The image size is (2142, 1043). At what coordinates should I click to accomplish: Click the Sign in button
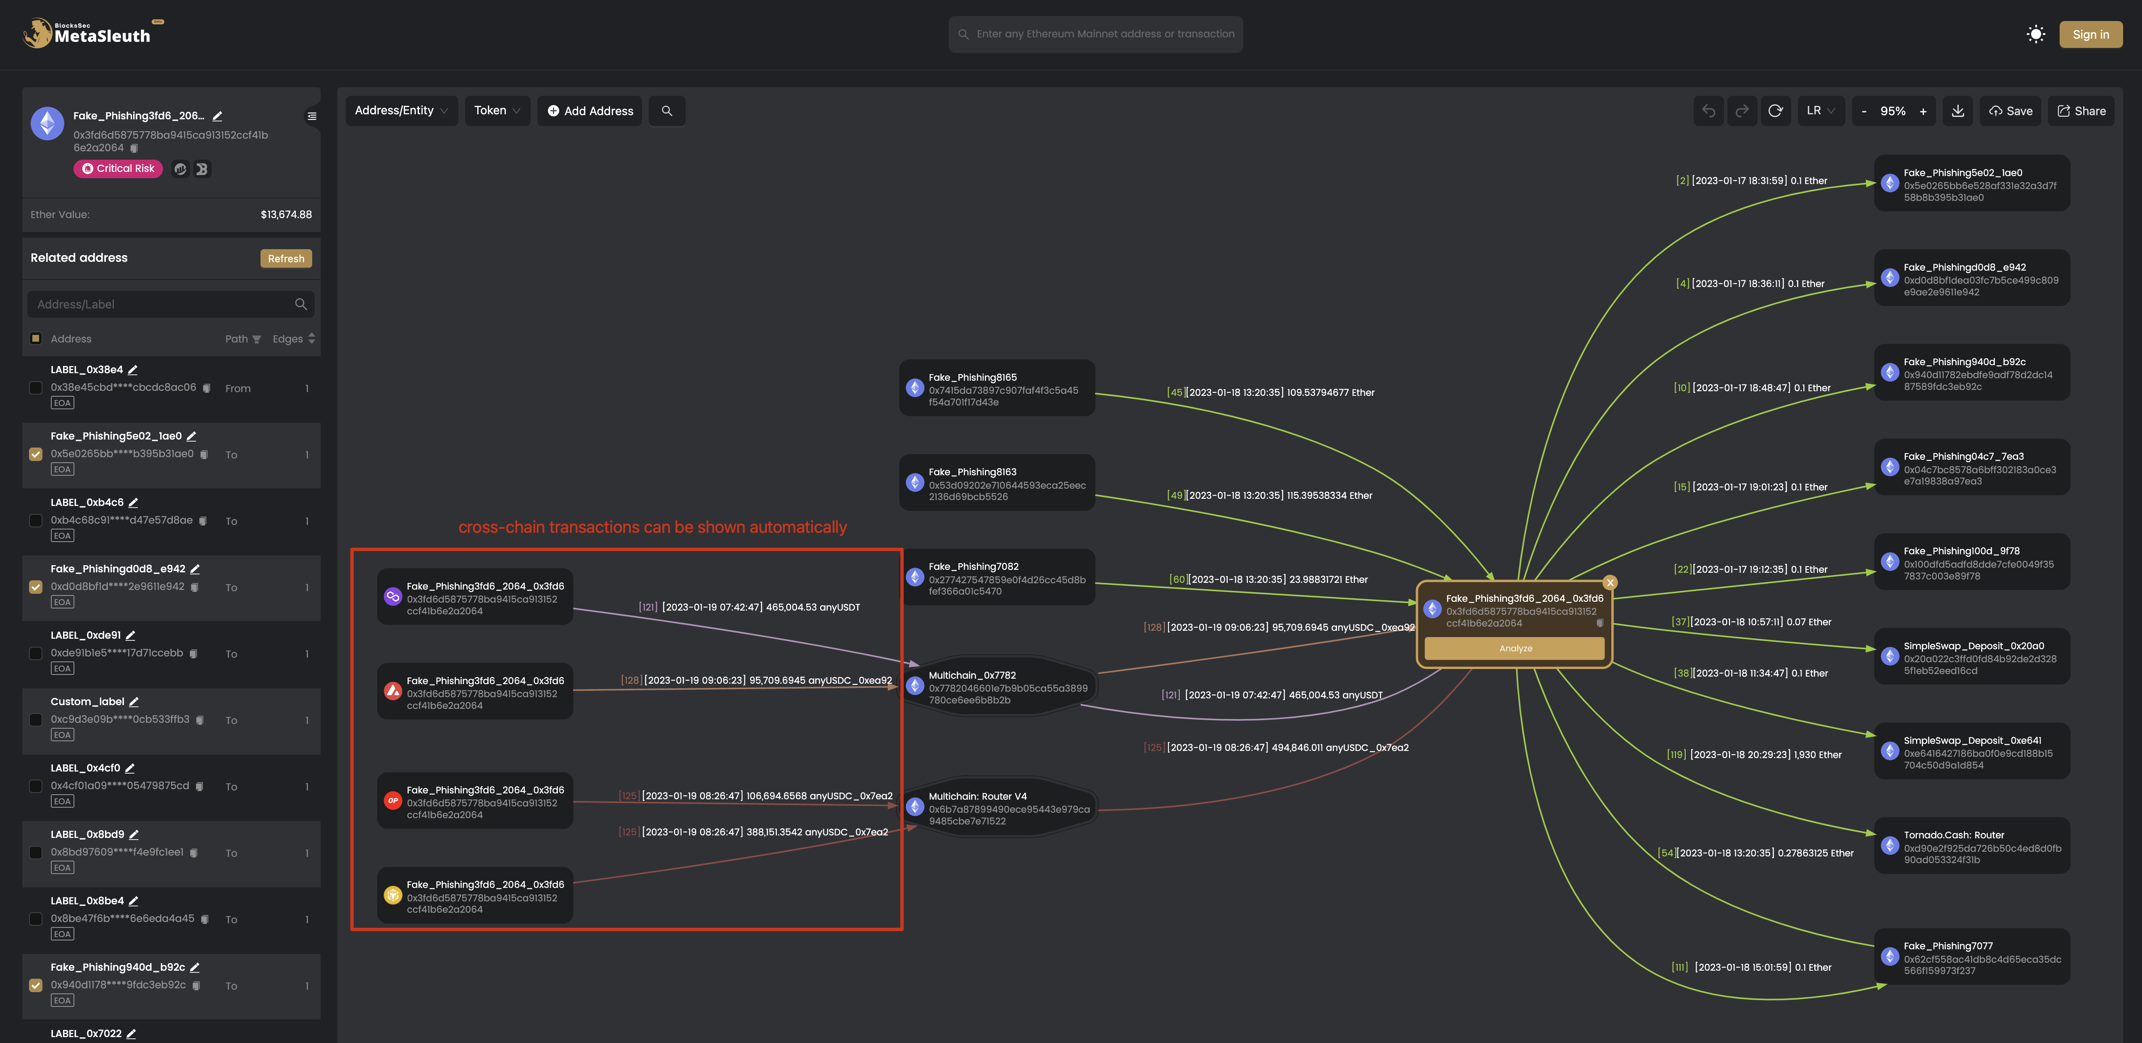pos(2090,34)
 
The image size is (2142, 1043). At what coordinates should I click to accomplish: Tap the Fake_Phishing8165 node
pos(997,388)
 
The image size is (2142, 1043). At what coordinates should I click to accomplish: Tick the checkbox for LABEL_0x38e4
pos(36,387)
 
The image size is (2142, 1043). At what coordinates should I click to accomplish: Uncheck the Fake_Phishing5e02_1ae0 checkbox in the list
pos(36,454)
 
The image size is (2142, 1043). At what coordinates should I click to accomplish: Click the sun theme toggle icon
pos(2036,34)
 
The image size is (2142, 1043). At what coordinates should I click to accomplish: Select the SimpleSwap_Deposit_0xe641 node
pos(1971,752)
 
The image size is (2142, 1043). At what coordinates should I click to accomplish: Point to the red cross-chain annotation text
pos(653,527)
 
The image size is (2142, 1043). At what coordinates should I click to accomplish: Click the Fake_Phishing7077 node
pos(1971,957)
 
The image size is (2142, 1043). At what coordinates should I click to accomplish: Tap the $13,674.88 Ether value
pos(286,215)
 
